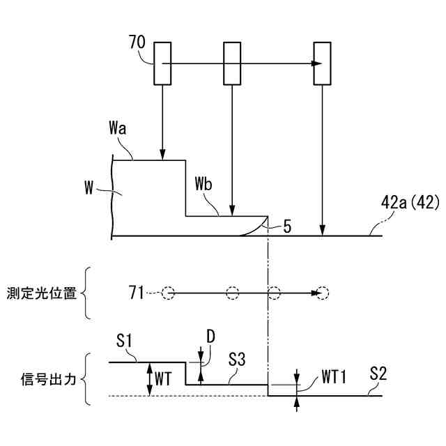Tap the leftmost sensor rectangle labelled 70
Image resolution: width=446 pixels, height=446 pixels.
coord(162,63)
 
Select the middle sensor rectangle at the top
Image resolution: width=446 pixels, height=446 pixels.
coord(231,63)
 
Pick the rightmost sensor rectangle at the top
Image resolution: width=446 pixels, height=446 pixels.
coord(322,63)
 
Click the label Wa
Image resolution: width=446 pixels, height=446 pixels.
coord(119,130)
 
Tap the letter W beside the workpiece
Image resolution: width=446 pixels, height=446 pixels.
coord(88,188)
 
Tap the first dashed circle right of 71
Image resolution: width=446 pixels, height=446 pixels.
coord(168,293)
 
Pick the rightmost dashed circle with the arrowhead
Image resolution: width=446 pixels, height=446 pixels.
coord(321,293)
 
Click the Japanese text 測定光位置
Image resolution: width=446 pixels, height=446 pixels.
coord(43,292)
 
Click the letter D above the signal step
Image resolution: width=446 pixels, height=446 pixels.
coord(210,336)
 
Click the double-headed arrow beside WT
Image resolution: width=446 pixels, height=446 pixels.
coord(150,379)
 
